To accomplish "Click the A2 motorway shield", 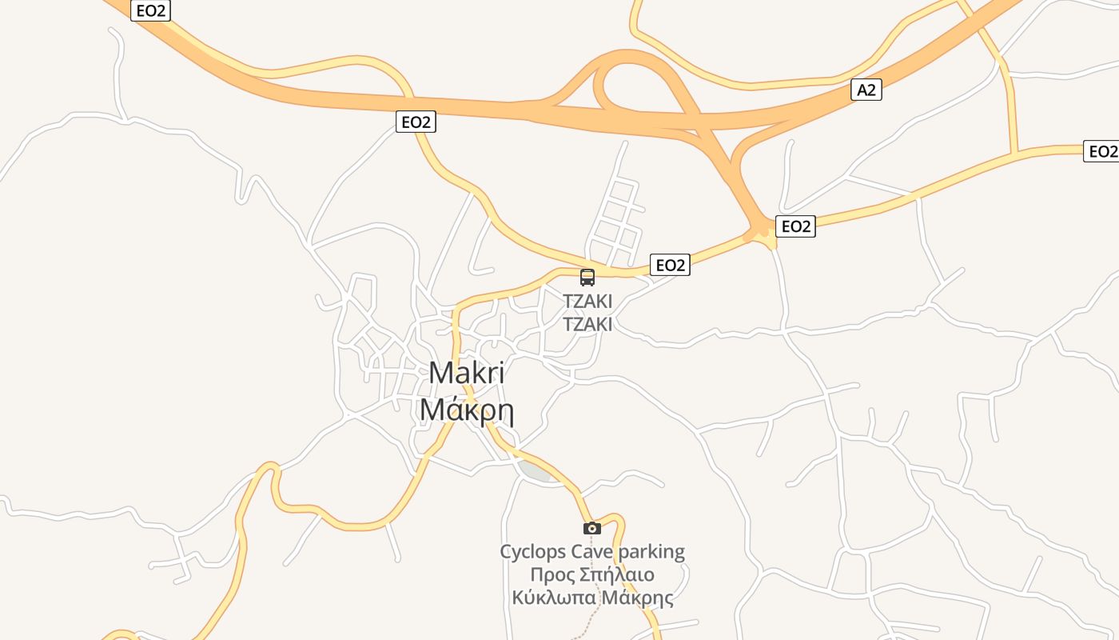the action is [866, 90].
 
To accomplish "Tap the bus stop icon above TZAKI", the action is [587, 278].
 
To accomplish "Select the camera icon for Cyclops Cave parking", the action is [591, 528].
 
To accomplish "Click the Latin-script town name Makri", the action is [467, 374].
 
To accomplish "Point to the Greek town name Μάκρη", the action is [467, 410].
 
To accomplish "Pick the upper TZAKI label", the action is [587, 302].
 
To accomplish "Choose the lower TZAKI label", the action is [587, 324].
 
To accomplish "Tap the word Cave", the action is [592, 551].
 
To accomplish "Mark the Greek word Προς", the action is [548, 574].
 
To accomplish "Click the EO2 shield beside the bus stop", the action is [670, 265].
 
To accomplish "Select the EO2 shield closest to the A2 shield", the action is [795, 226].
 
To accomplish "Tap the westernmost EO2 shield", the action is [150, 10].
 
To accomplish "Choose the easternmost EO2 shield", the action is [1101, 151].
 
